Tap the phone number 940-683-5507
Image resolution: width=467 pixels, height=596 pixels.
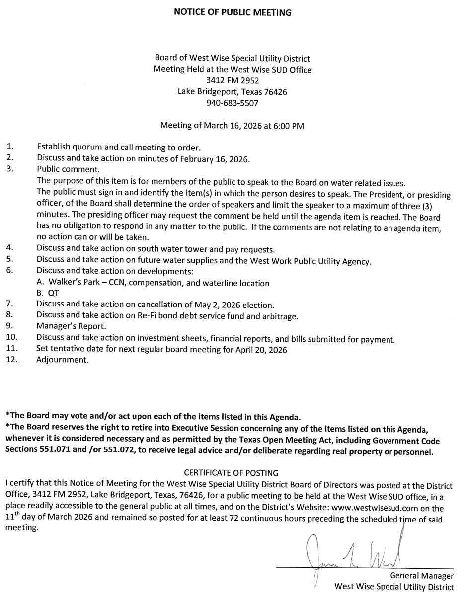pos(233,103)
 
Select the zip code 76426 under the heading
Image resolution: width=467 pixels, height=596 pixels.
pos(275,92)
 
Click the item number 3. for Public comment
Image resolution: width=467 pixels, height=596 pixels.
pos(9,169)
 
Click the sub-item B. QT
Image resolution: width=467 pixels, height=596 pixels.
pos(48,294)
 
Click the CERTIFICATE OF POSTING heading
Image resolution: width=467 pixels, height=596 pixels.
pos(232,473)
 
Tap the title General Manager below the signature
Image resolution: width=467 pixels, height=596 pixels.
pos(422,576)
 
